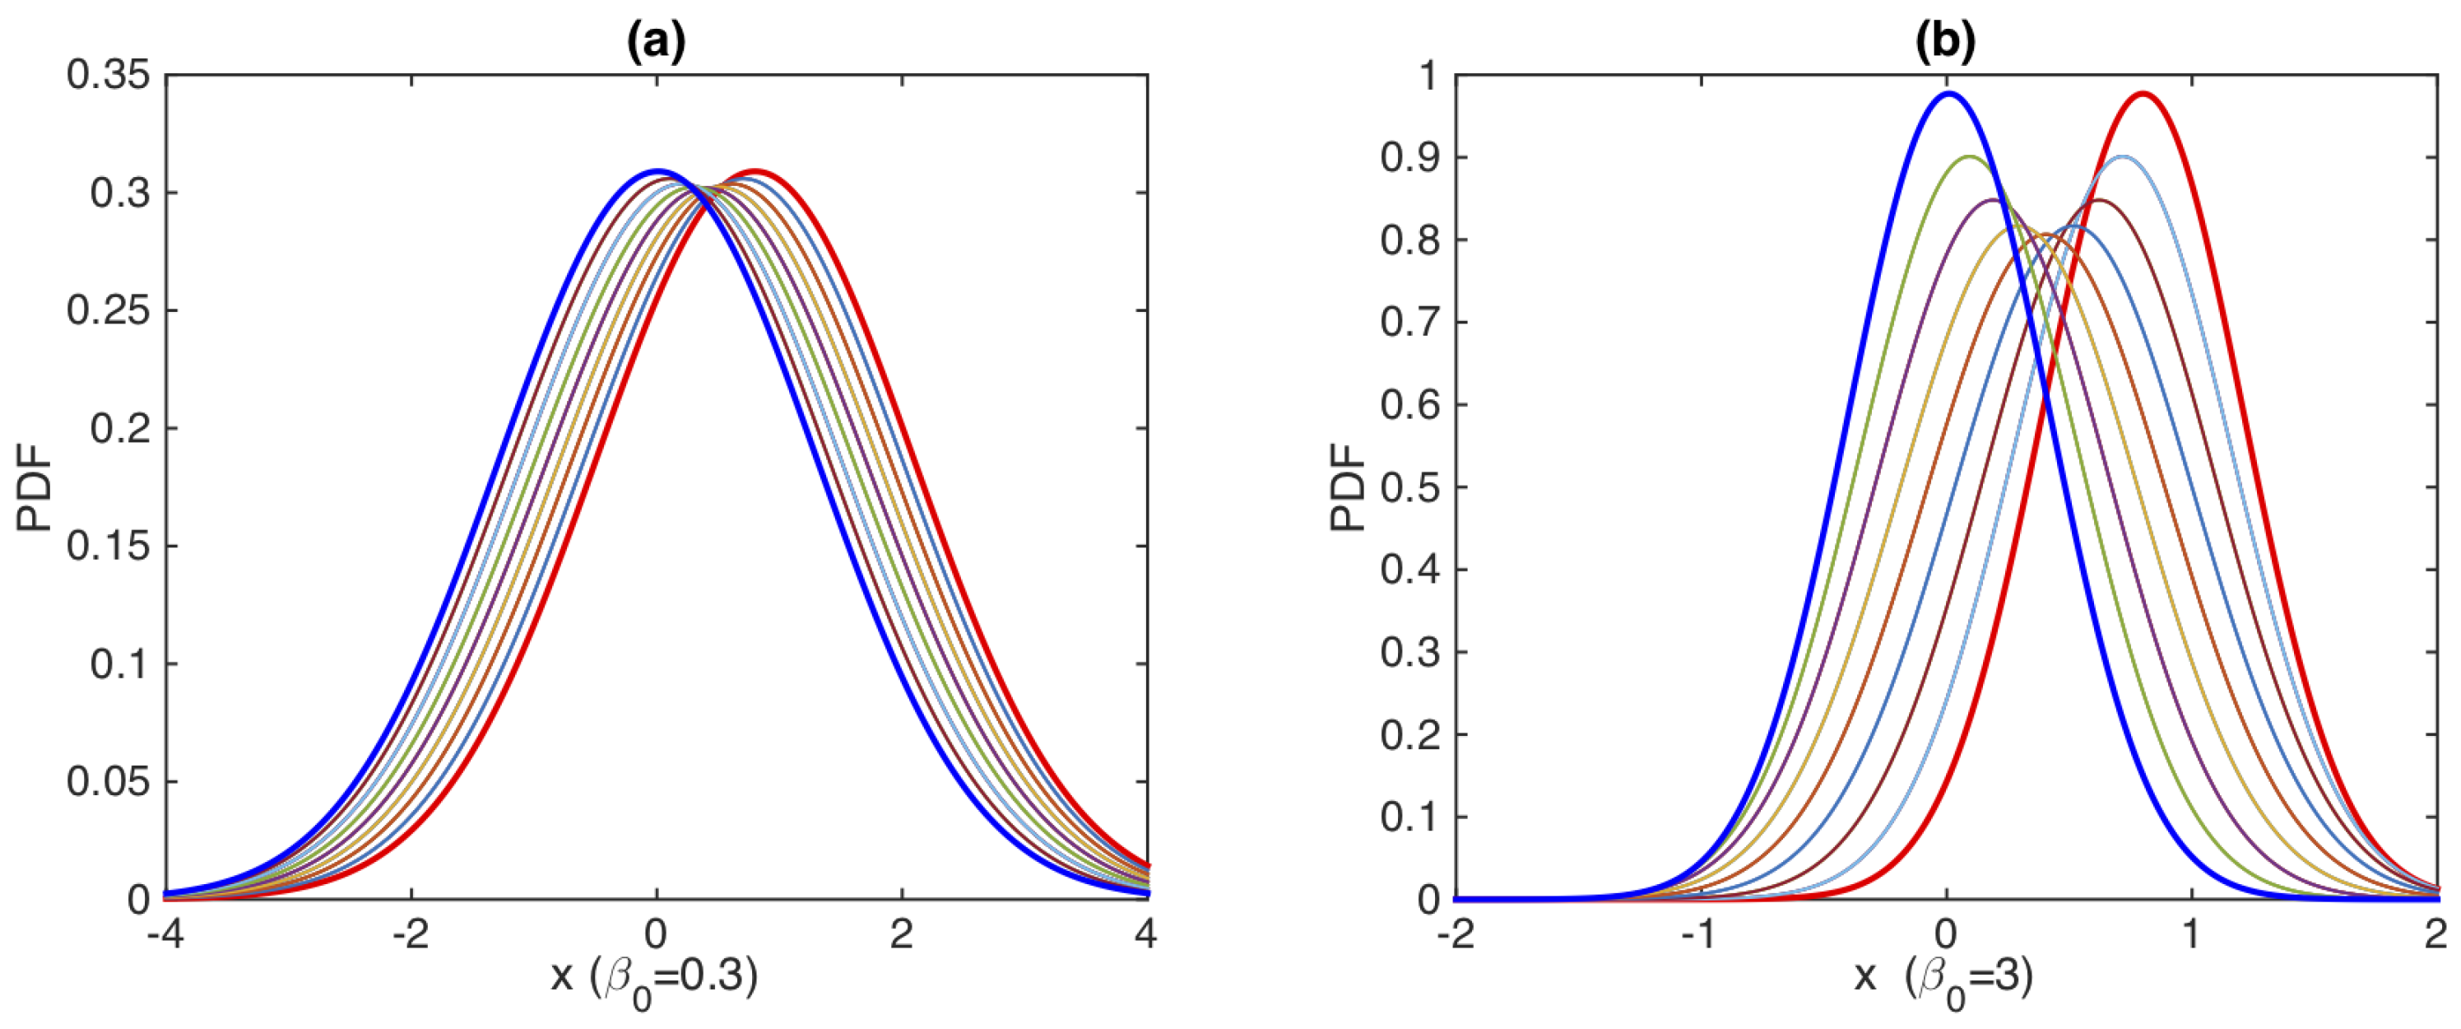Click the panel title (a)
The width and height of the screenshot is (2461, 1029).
(x=656, y=42)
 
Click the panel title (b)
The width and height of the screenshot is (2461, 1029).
(x=1946, y=42)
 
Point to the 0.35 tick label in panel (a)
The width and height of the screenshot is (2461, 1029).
(x=109, y=75)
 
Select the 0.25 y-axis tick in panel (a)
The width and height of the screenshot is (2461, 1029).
(x=109, y=310)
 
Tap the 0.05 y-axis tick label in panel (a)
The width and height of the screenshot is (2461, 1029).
(x=109, y=781)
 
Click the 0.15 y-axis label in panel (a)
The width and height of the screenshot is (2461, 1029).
(x=109, y=546)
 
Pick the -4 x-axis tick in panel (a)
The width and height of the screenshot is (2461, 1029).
(x=165, y=934)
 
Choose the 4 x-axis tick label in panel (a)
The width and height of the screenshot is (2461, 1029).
(x=1146, y=934)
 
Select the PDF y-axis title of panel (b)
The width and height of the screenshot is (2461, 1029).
(x=1349, y=487)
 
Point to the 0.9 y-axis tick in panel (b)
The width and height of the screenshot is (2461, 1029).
(x=1410, y=158)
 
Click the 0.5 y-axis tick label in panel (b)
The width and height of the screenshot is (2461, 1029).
(x=1410, y=487)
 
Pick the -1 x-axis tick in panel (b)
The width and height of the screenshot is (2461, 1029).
(x=1700, y=934)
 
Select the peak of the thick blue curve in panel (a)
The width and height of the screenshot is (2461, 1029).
(x=657, y=172)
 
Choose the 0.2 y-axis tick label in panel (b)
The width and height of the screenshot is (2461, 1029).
(x=1410, y=735)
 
